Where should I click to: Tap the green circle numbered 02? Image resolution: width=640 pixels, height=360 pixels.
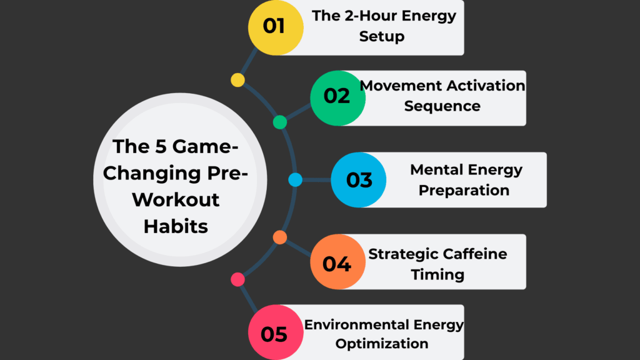click(x=337, y=97)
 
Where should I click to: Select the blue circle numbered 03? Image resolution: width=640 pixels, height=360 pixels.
click(x=358, y=180)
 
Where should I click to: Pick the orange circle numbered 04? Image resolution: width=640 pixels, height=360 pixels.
click(x=337, y=262)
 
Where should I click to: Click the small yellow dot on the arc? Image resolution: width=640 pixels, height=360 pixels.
click(x=237, y=80)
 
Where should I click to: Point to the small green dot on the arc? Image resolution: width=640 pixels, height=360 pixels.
click(x=280, y=122)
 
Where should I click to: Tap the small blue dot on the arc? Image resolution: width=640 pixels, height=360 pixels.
click(x=296, y=180)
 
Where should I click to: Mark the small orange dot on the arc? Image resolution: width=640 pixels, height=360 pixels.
click(x=280, y=237)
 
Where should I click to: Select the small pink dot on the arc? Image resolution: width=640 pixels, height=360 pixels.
click(x=237, y=279)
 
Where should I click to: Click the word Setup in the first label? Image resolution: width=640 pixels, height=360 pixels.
click(x=381, y=36)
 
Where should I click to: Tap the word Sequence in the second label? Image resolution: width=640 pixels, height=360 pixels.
click(x=442, y=106)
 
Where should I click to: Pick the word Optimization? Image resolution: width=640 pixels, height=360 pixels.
click(x=381, y=343)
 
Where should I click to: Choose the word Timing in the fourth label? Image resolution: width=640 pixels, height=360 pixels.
click(x=437, y=274)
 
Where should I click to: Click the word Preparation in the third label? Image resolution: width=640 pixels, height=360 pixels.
click(x=464, y=189)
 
